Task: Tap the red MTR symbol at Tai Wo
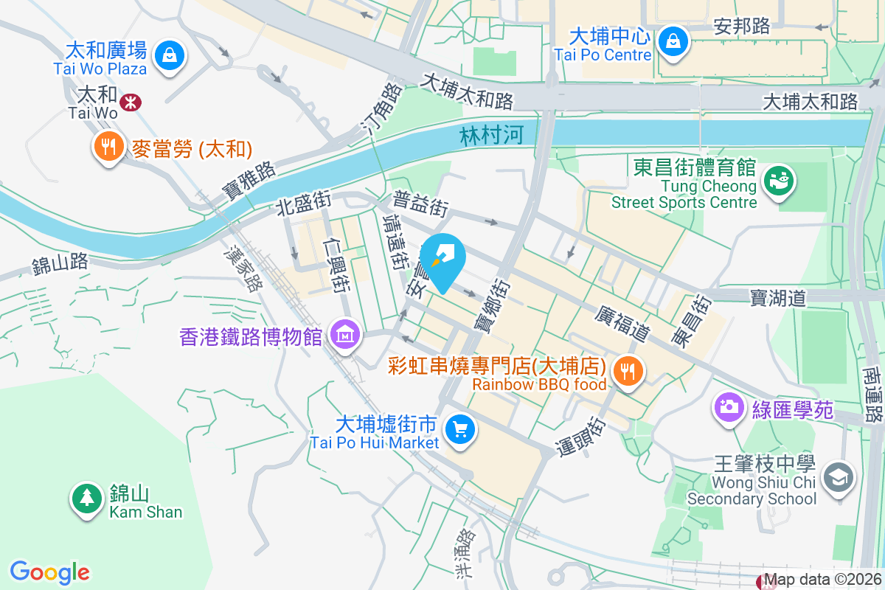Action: pos(131,101)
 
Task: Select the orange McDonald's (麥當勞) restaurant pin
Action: pos(108,147)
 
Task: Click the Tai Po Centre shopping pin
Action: pos(673,41)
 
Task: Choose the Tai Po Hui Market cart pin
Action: pos(460,430)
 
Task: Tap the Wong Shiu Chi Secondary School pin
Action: pos(839,478)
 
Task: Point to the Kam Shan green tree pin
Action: pos(87,499)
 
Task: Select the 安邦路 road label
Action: pos(742,26)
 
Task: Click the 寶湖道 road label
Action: pos(778,298)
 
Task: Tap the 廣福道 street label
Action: pos(622,324)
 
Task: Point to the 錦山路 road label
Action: pos(60,263)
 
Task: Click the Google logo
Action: pos(50,572)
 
